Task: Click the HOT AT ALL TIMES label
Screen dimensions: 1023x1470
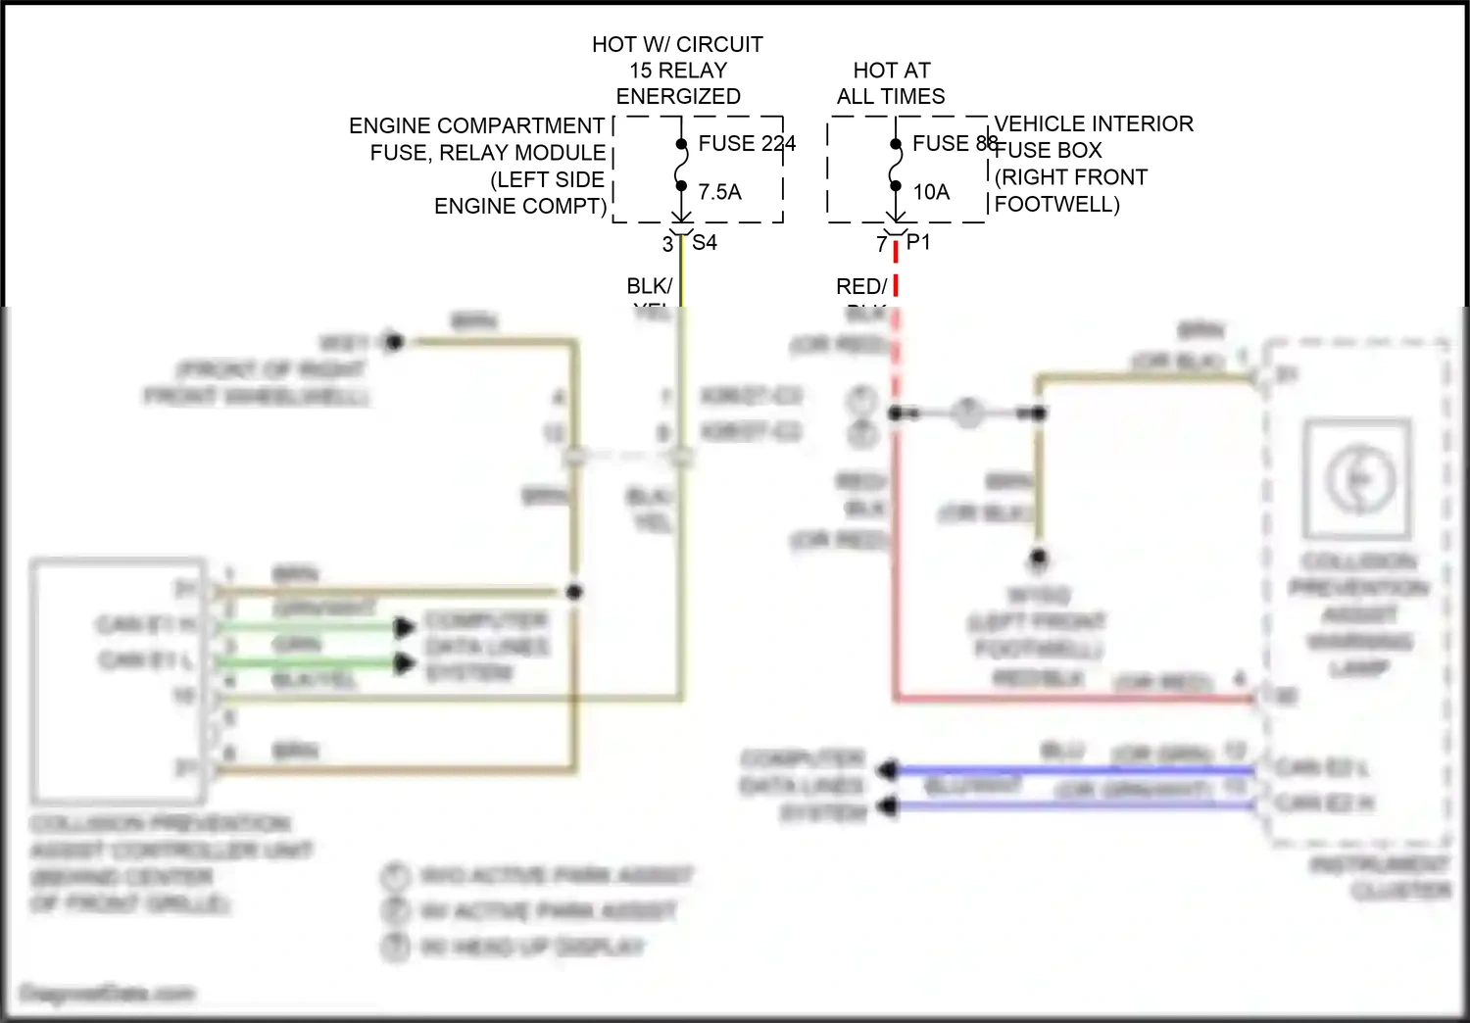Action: pyautogui.click(x=891, y=83)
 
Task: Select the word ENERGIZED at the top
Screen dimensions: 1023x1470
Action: pyautogui.click(x=678, y=96)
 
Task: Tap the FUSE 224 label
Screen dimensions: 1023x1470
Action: pyautogui.click(x=746, y=144)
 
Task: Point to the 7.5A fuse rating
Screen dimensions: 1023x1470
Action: pyautogui.click(x=719, y=192)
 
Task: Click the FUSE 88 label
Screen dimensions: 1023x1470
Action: pyautogui.click(x=955, y=144)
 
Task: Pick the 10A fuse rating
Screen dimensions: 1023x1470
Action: pyautogui.click(x=931, y=192)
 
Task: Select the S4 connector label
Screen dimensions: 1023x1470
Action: pyautogui.click(x=705, y=242)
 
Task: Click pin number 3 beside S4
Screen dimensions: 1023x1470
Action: pyautogui.click(x=667, y=244)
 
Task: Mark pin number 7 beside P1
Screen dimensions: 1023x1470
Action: pyautogui.click(x=881, y=244)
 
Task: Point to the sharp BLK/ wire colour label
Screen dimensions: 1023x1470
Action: pyautogui.click(x=649, y=286)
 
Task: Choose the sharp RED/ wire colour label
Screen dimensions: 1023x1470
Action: pyautogui.click(x=860, y=286)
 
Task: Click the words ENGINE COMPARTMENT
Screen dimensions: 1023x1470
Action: pyautogui.click(x=476, y=126)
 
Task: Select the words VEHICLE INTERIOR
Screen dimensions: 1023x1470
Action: pyautogui.click(x=1094, y=123)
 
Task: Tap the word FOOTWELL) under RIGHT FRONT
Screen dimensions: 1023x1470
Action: pyautogui.click(x=1056, y=204)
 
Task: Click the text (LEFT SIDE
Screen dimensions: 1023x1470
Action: pyautogui.click(x=547, y=179)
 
